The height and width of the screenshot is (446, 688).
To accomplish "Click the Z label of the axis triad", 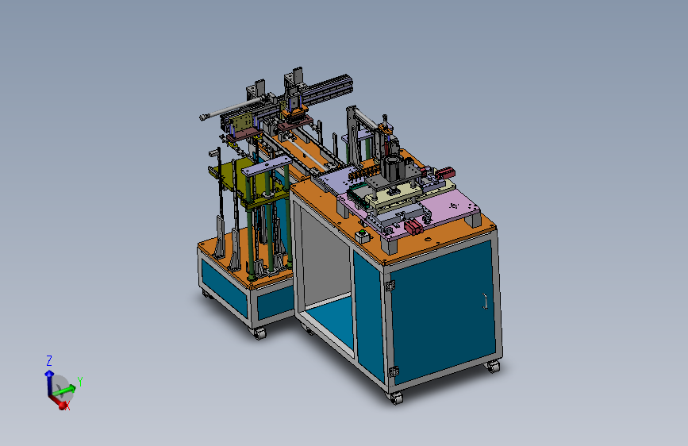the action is tap(49, 361).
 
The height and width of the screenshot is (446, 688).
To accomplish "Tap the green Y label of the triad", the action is tap(80, 382).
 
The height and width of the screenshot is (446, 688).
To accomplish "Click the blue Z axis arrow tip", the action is tap(48, 374).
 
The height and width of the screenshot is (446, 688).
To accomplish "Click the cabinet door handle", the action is tap(485, 302).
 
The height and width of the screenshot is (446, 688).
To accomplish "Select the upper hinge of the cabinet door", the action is tap(390, 286).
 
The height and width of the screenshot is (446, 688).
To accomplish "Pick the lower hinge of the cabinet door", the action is tap(393, 371).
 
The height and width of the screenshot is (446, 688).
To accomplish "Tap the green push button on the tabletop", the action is tap(362, 232).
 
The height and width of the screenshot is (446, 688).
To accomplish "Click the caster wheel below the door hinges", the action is tap(396, 398).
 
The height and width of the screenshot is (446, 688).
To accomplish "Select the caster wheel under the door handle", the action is tap(494, 367).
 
